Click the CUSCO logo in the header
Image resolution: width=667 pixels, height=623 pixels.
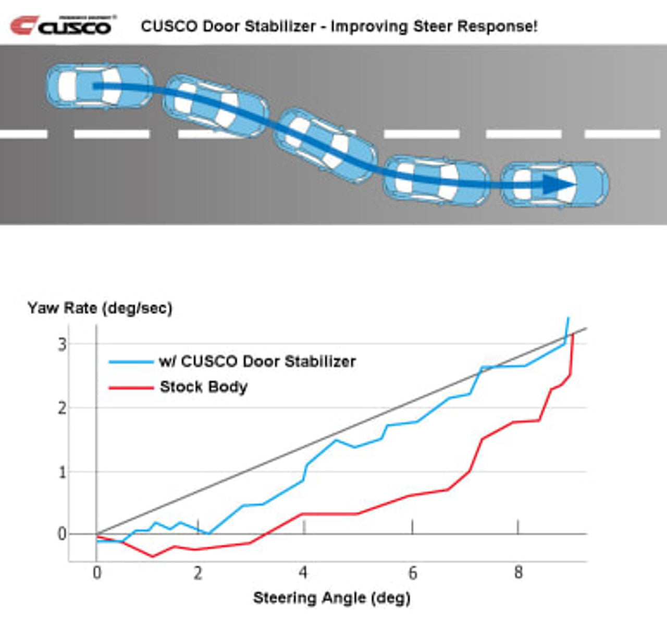[63, 25]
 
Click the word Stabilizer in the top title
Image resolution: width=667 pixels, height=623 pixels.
[285, 26]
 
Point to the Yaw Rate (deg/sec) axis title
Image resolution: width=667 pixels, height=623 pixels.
[100, 308]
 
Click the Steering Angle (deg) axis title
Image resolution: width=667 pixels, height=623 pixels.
[331, 597]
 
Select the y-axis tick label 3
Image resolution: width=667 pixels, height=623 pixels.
[63, 344]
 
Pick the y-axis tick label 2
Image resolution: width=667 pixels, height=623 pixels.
[63, 408]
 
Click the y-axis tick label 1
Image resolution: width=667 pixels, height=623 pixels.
[63, 472]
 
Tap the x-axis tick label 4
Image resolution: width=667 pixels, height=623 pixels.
[303, 573]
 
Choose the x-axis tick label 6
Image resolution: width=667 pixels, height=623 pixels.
[413, 573]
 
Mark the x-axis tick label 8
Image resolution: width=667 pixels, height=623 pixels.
[518, 573]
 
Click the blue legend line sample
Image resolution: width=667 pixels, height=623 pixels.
[131, 361]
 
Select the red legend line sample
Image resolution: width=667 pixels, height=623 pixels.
[131, 387]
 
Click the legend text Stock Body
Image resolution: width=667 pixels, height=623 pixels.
[203, 387]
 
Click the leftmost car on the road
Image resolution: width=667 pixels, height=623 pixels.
[100, 87]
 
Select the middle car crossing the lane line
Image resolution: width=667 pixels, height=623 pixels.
[325, 145]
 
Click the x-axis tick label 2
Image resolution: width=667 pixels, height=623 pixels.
[198, 573]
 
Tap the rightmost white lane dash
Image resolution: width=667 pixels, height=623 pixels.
[623, 134]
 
